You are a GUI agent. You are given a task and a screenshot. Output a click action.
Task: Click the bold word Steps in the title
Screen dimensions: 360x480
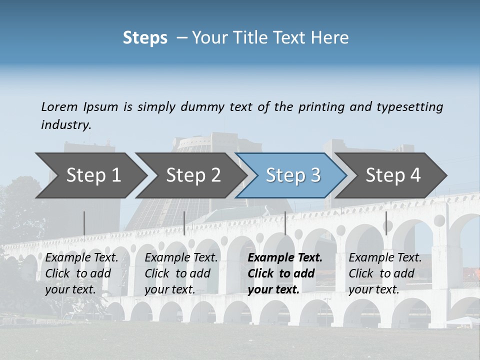(x=145, y=38)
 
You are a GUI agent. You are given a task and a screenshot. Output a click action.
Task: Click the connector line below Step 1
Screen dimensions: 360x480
(x=84, y=223)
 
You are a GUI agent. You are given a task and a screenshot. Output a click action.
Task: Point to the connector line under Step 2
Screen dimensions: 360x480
(x=184, y=223)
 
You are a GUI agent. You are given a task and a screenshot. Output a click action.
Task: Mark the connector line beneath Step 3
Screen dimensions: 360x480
(x=285, y=223)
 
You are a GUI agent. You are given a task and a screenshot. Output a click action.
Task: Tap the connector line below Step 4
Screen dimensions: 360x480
(x=386, y=223)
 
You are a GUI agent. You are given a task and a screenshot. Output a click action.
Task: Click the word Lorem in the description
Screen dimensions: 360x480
(x=59, y=106)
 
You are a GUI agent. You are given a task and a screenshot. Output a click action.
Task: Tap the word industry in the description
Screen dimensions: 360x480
(x=65, y=124)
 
